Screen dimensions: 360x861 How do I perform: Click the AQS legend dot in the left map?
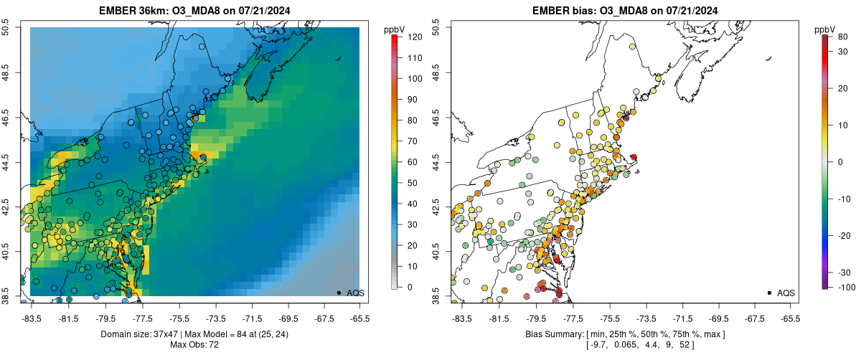(x=339, y=293)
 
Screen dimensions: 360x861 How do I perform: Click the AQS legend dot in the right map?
(x=769, y=293)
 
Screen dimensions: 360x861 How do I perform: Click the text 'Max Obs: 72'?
(x=194, y=345)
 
